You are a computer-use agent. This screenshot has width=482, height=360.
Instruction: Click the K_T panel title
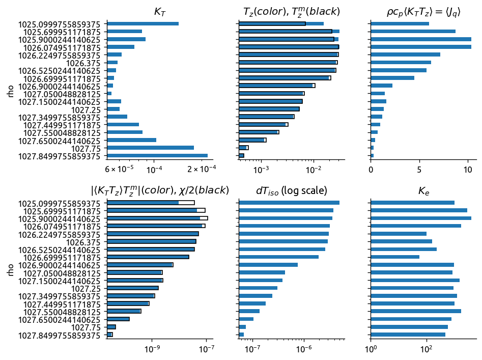click(x=160, y=11)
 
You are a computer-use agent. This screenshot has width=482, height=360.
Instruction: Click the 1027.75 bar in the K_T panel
click(x=150, y=148)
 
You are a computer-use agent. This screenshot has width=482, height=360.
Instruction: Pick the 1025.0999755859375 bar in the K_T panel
click(x=143, y=23)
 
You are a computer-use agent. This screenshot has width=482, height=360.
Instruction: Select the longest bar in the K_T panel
click(x=157, y=156)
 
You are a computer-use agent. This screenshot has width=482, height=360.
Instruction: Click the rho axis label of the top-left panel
click(x=11, y=90)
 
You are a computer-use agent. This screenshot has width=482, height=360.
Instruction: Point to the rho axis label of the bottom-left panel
click(x=11, y=269)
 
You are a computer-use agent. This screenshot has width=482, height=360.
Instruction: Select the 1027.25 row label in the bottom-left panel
click(x=88, y=288)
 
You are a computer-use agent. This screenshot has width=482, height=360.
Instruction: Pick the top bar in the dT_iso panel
click(x=289, y=203)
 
